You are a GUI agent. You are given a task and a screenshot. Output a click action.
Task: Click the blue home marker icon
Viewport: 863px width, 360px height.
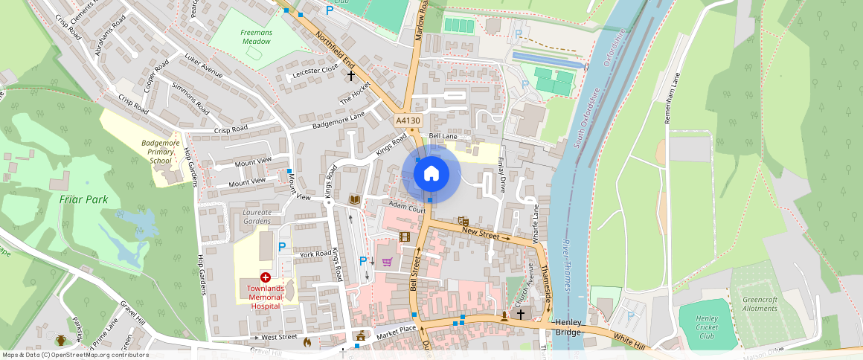431,174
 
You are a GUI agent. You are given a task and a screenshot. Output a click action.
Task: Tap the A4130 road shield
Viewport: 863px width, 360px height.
408,120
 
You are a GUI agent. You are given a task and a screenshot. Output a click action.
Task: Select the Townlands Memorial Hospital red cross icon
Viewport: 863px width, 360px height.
265,277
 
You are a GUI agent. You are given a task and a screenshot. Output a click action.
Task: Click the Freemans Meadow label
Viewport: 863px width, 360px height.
257,37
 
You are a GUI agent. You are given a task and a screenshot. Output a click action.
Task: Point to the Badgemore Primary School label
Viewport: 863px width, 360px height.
160,151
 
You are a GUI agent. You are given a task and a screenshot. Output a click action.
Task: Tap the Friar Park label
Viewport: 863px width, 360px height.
84,199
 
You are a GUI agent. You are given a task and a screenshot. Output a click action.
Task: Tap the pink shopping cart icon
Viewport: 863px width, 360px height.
387,261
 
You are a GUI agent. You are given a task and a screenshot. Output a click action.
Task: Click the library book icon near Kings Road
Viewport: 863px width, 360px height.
355,199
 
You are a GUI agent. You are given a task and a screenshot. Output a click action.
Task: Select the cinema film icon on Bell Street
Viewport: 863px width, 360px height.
405,237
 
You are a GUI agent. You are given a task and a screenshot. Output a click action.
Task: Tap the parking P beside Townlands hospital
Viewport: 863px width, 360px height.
282,246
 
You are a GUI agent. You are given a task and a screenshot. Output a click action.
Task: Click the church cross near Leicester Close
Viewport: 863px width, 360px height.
351,75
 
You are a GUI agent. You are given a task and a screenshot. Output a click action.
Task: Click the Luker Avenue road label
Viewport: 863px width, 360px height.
203,66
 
